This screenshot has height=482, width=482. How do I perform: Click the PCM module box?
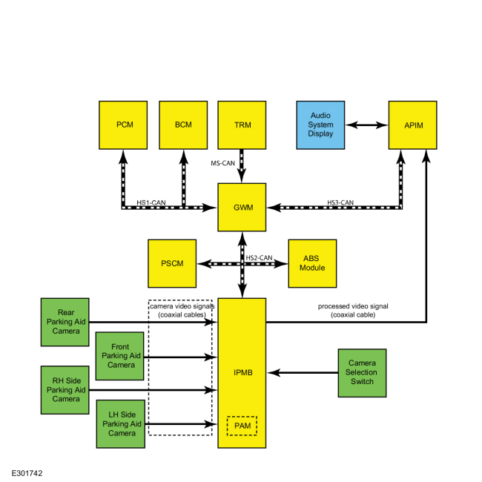point(123,125)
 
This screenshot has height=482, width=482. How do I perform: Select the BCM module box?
point(183,125)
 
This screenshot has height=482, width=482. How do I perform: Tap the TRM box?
point(242,125)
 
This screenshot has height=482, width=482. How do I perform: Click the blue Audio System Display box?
point(320,125)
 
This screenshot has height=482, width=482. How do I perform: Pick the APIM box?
point(412,125)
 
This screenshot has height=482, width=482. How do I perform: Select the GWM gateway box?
point(242,207)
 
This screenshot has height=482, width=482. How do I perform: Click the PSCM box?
point(172,263)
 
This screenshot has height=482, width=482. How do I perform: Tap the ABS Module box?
point(312,263)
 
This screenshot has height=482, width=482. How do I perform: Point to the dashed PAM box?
point(242,426)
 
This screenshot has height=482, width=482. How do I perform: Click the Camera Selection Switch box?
point(362,373)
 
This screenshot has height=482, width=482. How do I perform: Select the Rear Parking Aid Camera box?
point(65,322)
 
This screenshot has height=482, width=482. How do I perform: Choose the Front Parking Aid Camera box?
point(119,356)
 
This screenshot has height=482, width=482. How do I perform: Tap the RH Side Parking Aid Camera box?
point(65,390)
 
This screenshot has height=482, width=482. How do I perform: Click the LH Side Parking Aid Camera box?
point(120,424)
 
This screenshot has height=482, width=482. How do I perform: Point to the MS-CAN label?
point(223,163)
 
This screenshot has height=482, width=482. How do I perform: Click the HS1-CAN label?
point(151,202)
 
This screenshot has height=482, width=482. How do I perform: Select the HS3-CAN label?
point(340,202)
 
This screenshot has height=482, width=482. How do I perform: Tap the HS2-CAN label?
point(259,257)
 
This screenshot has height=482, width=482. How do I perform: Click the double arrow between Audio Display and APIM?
point(367,125)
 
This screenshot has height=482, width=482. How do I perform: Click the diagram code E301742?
point(27,473)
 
